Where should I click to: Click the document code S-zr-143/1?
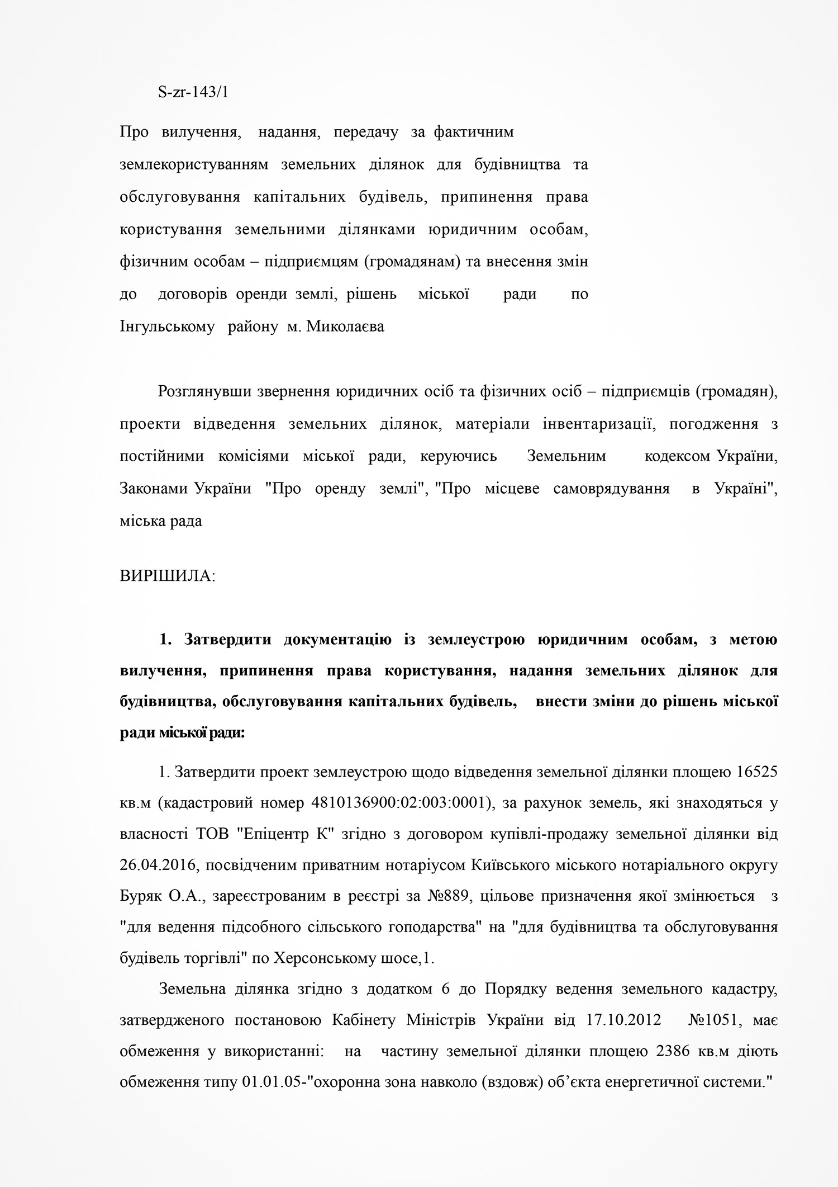(193, 93)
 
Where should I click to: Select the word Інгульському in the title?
(167, 327)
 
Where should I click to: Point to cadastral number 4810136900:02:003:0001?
(401, 803)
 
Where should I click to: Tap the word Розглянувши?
(204, 391)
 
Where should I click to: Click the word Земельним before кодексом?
(566, 456)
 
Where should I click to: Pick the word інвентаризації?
(591, 424)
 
